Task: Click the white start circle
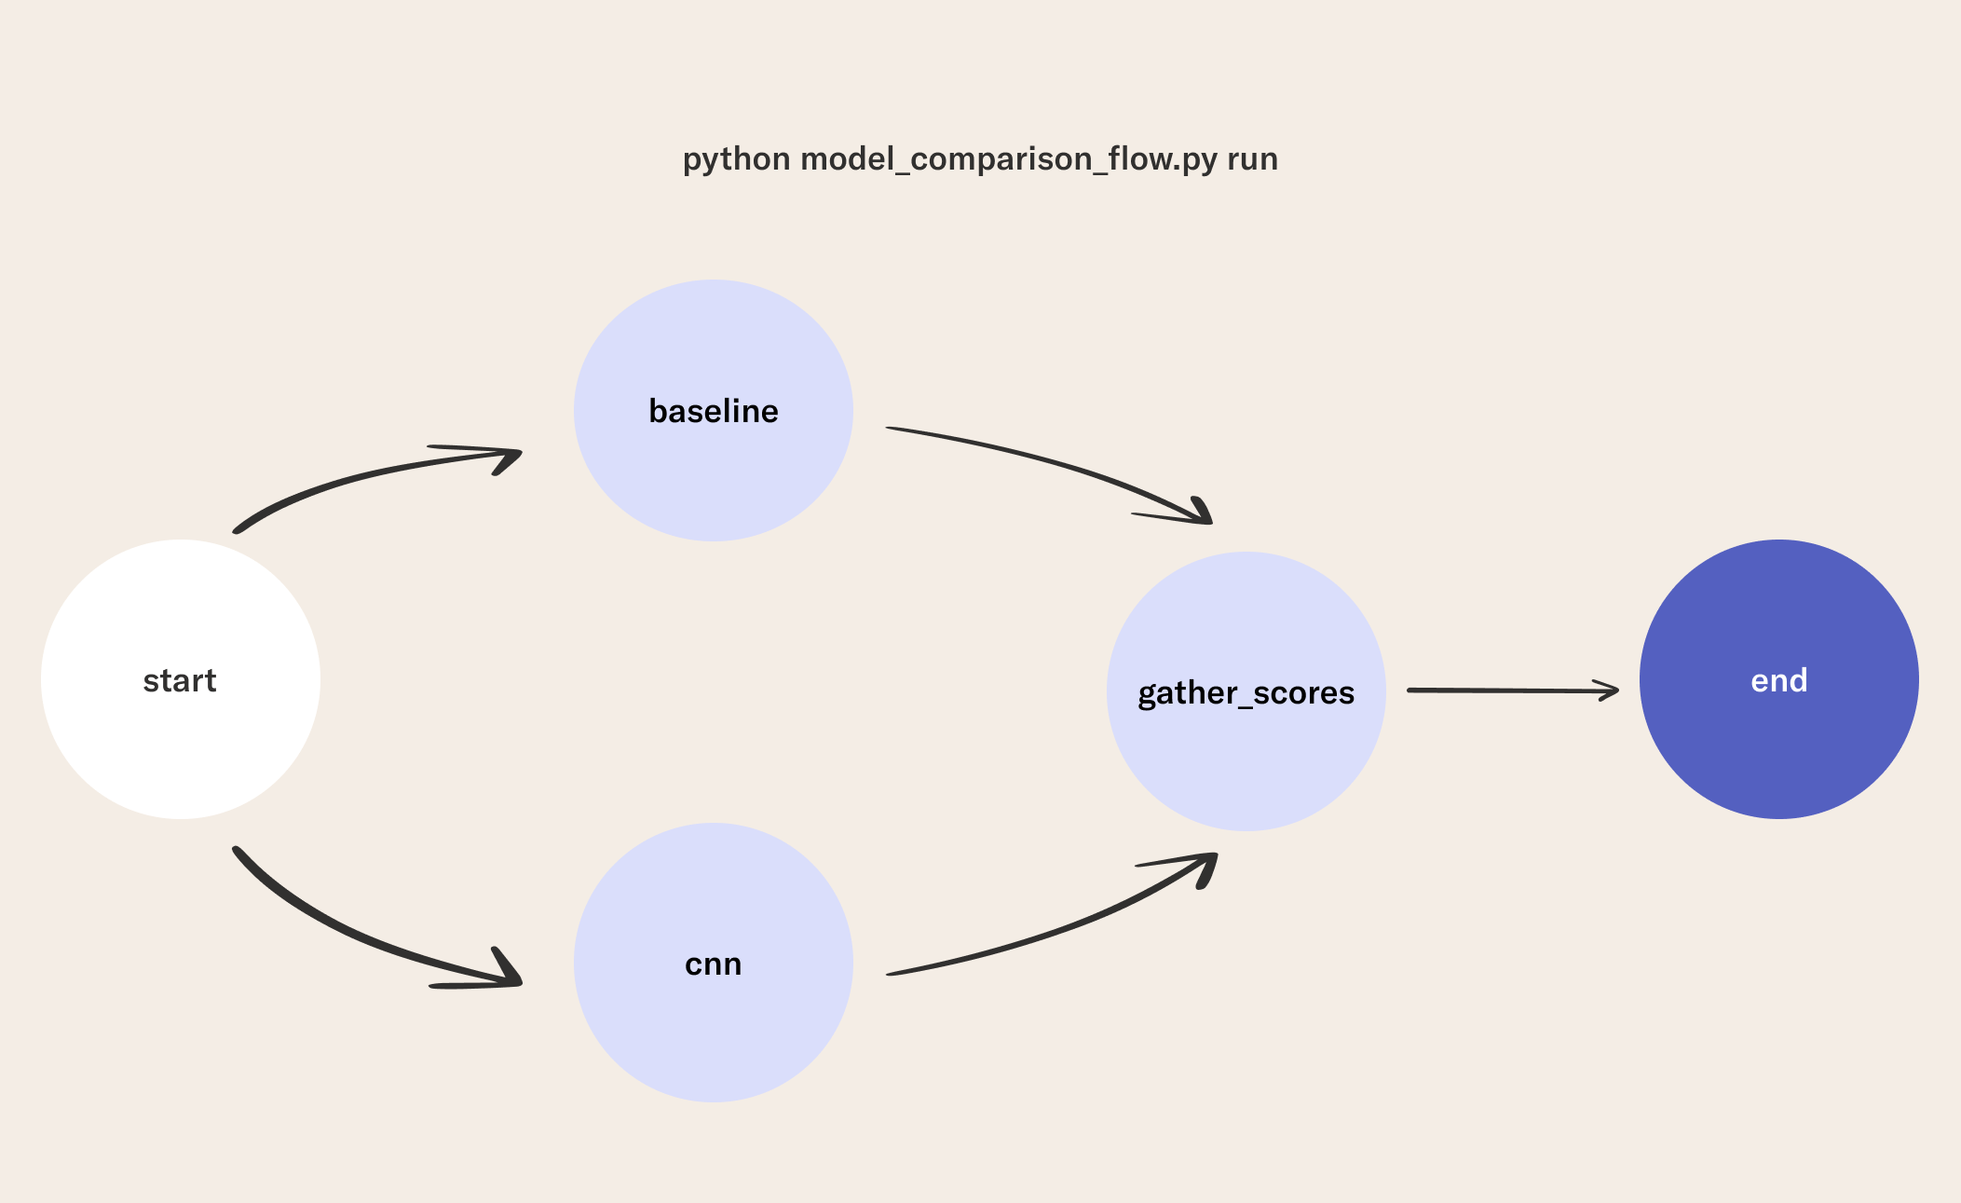coord(181,679)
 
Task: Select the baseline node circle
coord(714,410)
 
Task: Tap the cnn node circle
coord(714,963)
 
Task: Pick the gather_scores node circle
coord(1246,691)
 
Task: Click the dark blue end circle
coord(1779,679)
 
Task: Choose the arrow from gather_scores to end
coord(1513,690)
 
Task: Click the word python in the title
coord(737,159)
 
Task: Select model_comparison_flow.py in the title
coord(1009,159)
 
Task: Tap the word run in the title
coord(1252,159)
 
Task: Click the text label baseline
coord(714,411)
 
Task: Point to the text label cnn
coord(714,964)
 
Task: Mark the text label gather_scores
coord(1246,693)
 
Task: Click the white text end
coord(1779,680)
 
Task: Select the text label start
coord(180,681)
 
